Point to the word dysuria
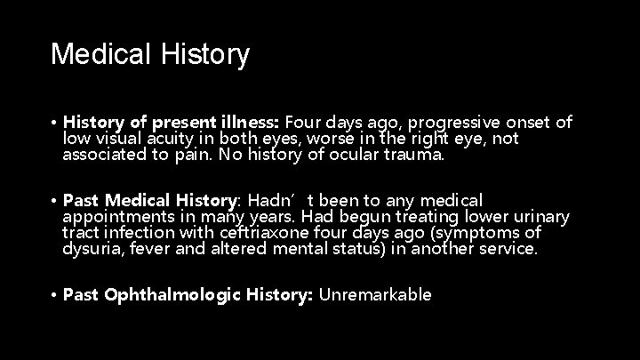pos(92,250)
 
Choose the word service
pos(509,250)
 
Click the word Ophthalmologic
pos(164,294)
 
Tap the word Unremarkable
pos(375,294)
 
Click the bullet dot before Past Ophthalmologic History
pos(54,294)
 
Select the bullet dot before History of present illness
pos(54,122)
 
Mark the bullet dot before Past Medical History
pos(54,200)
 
